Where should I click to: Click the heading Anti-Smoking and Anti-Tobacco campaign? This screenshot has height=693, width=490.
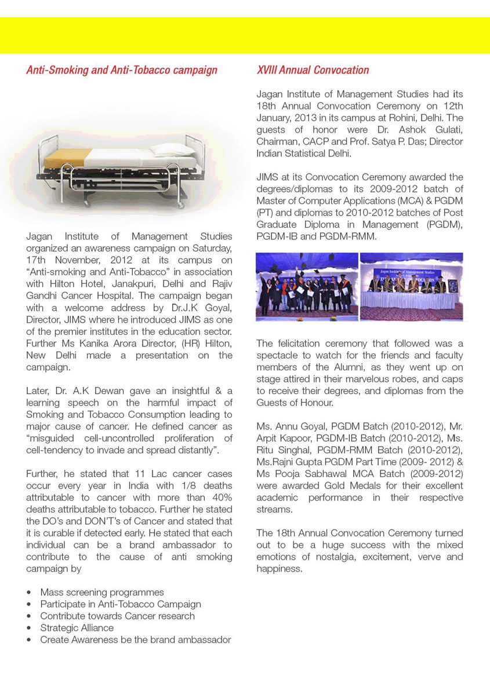click(x=122, y=71)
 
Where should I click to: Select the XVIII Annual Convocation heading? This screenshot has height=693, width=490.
click(x=313, y=71)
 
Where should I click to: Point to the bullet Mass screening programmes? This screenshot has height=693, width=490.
click(x=102, y=592)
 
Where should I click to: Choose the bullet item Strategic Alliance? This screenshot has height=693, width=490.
click(x=77, y=628)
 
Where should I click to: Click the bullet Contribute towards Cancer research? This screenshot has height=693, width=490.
click(x=117, y=616)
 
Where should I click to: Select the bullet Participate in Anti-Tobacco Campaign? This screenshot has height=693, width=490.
click(x=120, y=604)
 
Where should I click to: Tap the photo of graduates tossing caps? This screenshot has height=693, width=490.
click(x=307, y=287)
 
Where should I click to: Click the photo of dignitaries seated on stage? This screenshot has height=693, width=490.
click(x=411, y=287)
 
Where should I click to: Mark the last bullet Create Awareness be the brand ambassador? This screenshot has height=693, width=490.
click(x=135, y=640)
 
